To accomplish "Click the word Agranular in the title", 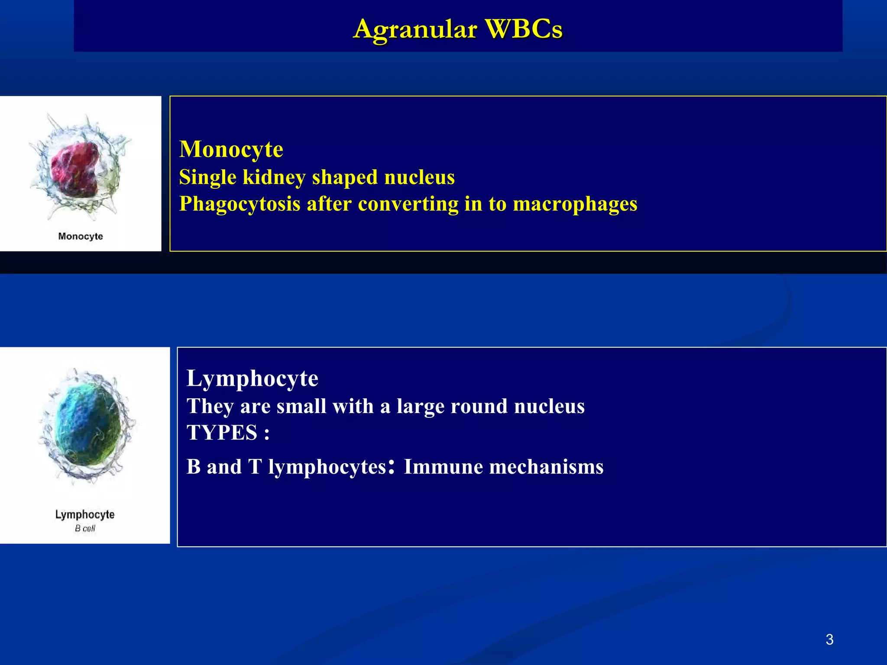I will click(415, 29).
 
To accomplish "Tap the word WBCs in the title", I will click(524, 29).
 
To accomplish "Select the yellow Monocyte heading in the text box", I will click(231, 149).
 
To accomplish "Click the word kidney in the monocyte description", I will click(274, 178).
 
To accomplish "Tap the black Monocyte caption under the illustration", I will click(81, 236).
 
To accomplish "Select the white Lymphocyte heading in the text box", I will click(253, 378).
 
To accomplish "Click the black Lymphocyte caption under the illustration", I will click(85, 514).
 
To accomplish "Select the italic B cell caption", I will click(85, 528).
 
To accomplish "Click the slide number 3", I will click(829, 639).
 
